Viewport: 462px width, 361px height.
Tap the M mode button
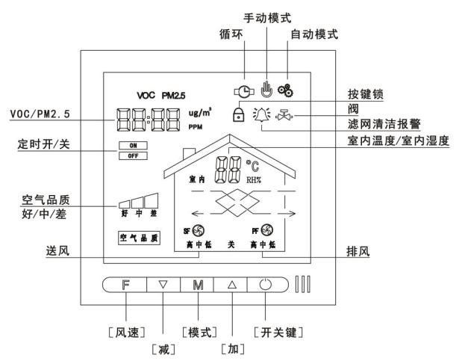(x=198, y=285)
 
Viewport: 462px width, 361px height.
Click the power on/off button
(x=266, y=285)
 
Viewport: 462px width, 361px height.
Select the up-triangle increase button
(x=232, y=285)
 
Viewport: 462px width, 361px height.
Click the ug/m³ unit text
(x=200, y=113)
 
